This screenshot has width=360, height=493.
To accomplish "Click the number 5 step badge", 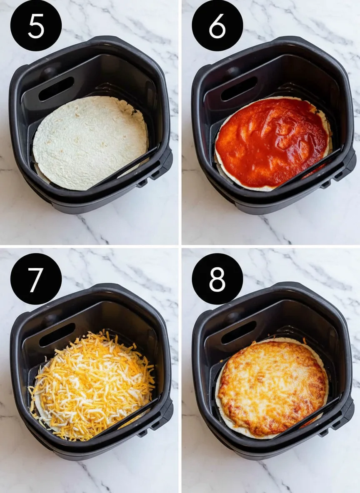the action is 36,25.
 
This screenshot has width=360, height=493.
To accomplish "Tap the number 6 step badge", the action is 217,25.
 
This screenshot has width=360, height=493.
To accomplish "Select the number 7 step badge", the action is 36,279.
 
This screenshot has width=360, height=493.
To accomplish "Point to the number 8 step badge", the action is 217,279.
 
